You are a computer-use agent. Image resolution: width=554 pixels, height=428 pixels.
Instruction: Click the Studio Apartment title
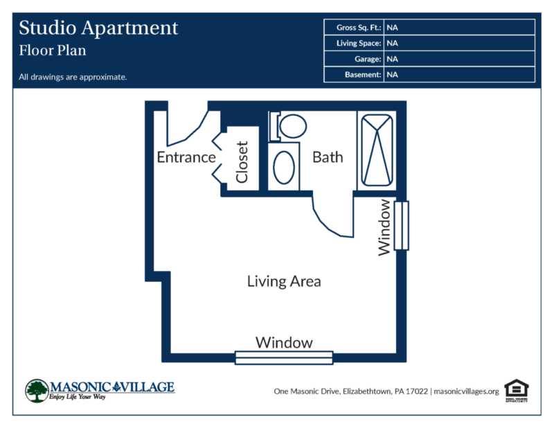98,28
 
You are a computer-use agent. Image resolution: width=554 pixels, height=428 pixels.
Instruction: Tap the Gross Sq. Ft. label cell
353,28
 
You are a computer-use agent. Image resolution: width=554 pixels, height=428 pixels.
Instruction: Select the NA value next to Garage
392,59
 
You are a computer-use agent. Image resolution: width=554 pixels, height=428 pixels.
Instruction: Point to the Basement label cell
353,74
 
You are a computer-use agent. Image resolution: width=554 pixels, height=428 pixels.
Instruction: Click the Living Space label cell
353,43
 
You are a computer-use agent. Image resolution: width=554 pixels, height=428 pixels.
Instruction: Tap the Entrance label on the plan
186,157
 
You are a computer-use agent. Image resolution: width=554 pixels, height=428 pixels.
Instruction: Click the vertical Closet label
242,162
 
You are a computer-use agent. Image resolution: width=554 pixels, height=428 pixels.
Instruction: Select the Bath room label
328,157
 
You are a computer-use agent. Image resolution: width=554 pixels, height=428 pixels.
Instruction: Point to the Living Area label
284,281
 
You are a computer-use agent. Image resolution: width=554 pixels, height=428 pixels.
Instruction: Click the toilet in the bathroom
289,126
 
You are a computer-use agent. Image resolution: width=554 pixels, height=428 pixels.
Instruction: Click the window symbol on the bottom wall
284,357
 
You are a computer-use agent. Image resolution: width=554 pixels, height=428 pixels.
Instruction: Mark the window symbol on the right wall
402,226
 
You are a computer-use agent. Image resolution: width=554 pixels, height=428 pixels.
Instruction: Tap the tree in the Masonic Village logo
36,390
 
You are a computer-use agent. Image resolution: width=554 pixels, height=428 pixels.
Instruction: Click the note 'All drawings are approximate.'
73,77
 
